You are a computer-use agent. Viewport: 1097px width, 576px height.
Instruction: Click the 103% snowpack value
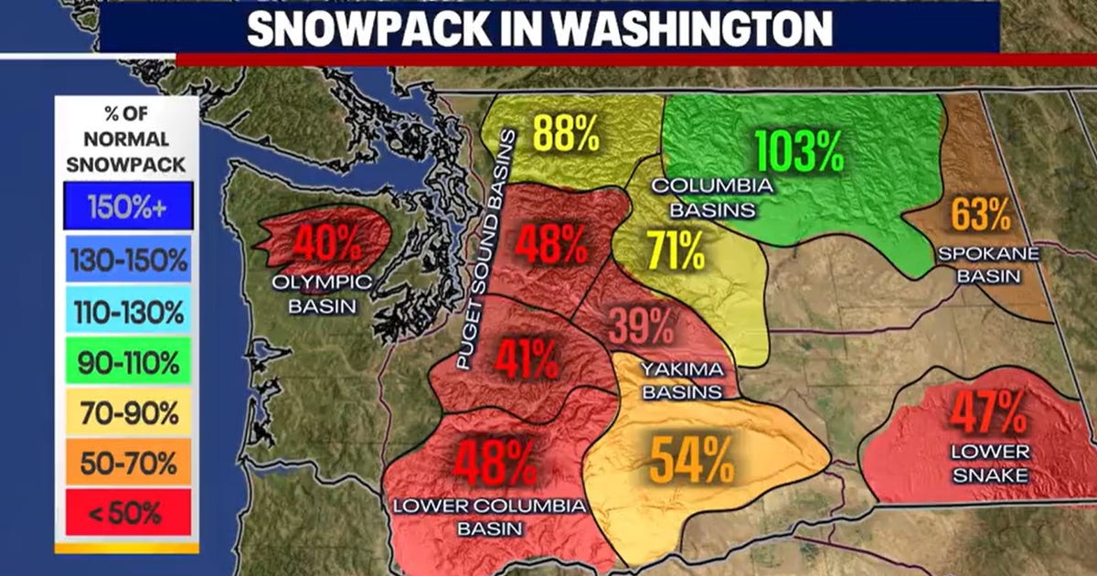pyautogui.click(x=798, y=152)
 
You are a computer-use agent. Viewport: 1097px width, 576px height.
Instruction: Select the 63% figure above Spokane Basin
pyautogui.click(x=981, y=216)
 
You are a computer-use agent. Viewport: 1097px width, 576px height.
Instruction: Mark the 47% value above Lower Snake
pyautogui.click(x=989, y=412)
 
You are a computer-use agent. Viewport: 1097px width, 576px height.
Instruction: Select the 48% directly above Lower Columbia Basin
pyautogui.click(x=495, y=464)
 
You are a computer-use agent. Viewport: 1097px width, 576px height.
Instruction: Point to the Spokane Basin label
pyautogui.click(x=988, y=264)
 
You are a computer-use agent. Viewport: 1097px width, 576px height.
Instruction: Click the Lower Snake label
pyautogui.click(x=990, y=463)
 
